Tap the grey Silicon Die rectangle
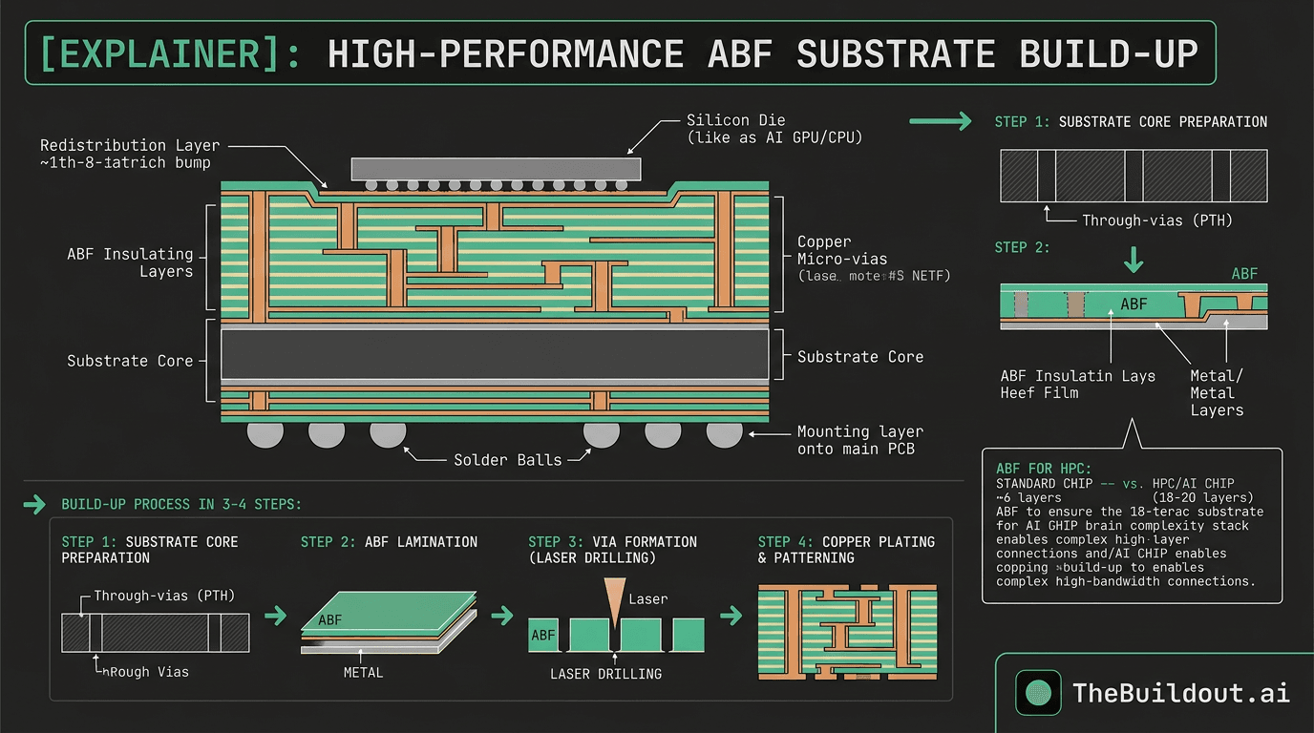click(496, 169)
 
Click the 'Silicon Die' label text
click(735, 120)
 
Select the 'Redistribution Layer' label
click(130, 145)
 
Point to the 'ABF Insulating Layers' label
click(130, 262)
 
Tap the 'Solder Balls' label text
click(496, 460)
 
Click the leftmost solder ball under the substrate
click(265, 434)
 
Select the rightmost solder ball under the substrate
click(724, 434)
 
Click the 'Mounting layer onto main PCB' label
click(859, 440)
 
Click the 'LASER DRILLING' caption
click(605, 674)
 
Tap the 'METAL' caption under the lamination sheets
click(363, 672)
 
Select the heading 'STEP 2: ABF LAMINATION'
click(389, 542)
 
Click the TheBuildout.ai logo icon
click(1038, 692)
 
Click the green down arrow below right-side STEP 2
click(1134, 259)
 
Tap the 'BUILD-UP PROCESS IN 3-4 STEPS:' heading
click(181, 504)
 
